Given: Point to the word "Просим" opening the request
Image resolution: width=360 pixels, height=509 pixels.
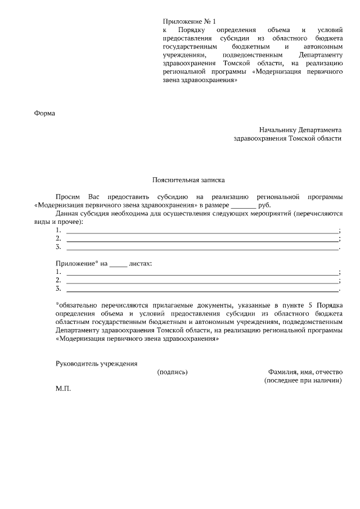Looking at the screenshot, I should click(x=67, y=197).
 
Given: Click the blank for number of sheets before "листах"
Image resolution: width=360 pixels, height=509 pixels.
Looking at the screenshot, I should click(x=118, y=263).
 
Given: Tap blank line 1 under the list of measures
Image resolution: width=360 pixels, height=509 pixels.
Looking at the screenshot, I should click(x=202, y=231).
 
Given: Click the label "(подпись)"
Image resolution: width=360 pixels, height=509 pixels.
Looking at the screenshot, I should click(x=172, y=372).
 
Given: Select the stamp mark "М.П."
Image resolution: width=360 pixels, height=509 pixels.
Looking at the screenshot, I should click(x=64, y=389).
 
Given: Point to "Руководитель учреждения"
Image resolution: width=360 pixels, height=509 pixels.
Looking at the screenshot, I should click(x=96, y=363).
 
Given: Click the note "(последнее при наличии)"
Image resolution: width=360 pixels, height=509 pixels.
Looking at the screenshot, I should click(x=303, y=380).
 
